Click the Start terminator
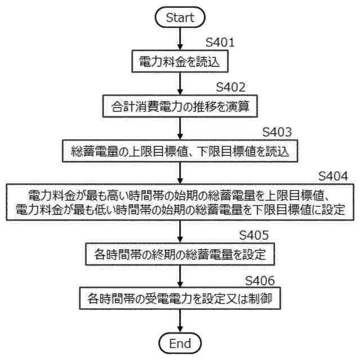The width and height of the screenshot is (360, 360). (179, 17)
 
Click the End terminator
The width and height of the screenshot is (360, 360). (179, 343)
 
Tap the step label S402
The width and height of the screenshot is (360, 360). (231, 88)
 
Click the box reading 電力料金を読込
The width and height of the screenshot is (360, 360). (179, 62)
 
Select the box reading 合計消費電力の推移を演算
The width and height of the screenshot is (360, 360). (179, 106)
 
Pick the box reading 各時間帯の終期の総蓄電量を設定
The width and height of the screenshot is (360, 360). (179, 254)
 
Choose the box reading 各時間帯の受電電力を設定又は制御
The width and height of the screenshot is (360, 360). (179, 298)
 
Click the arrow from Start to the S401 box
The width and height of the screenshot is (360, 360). (179, 39)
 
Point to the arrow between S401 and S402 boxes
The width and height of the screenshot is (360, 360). (179, 84)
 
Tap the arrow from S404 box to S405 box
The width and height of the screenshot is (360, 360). (179, 232)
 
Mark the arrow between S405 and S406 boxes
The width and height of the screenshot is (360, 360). (179, 276)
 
